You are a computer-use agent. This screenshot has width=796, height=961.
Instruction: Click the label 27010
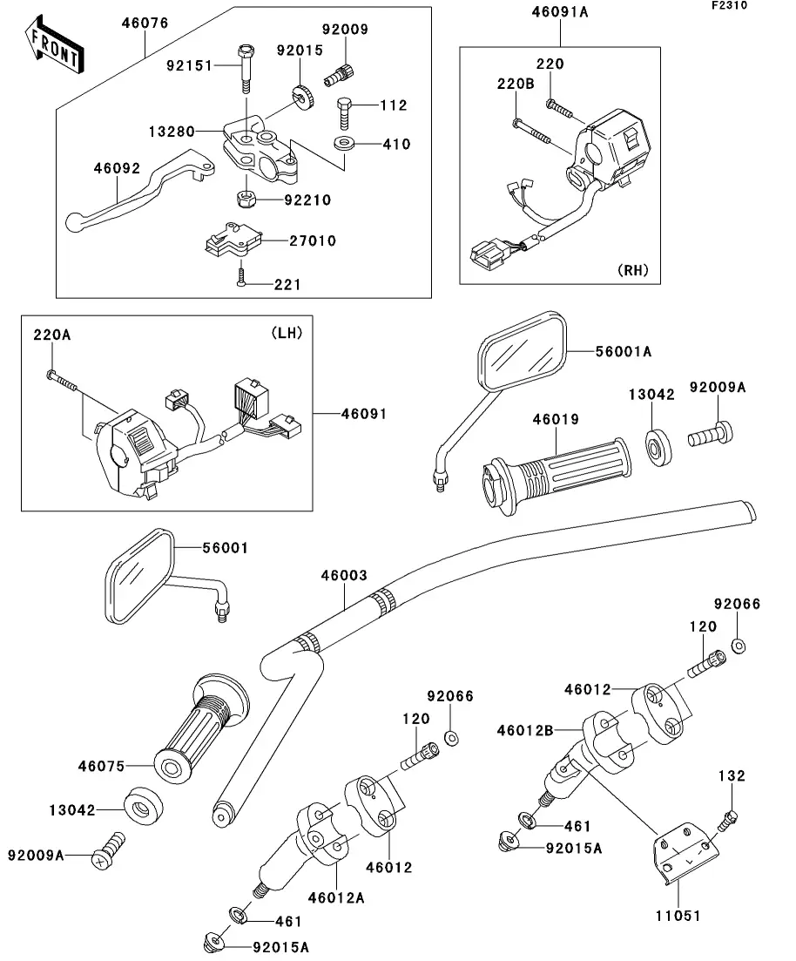click(313, 240)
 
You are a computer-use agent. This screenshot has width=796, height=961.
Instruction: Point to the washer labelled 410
click(342, 142)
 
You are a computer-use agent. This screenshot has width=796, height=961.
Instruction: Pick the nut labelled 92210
click(245, 200)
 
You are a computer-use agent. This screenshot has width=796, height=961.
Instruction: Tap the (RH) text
click(633, 270)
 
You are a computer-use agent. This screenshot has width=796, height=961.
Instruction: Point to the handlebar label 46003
click(344, 576)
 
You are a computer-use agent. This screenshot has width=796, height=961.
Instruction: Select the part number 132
click(732, 775)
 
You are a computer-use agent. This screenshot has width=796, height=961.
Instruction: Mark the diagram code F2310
click(753, 6)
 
